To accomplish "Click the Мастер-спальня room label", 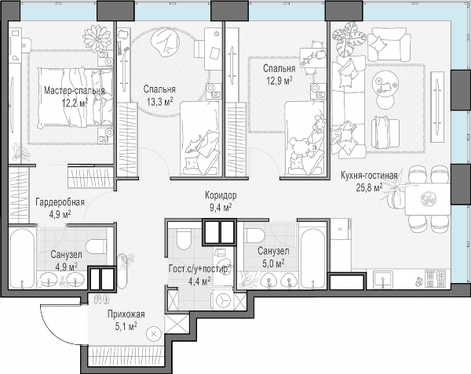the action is (x=75, y=91).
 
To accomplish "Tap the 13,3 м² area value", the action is (x=160, y=102).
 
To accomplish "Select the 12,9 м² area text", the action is (x=279, y=81).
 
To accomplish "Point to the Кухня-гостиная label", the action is (x=369, y=176).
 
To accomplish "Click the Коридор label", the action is (x=221, y=195).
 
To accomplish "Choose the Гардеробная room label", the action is (x=60, y=202).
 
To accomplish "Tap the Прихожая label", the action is (x=126, y=314).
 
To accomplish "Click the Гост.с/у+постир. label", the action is (x=199, y=269).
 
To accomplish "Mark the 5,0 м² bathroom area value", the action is (x=273, y=263).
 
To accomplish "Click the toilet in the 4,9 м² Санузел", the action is (x=97, y=247).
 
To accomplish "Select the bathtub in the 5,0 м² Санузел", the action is (x=313, y=258).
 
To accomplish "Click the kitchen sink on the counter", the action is (x=383, y=279).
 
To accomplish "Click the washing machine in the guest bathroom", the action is (x=223, y=300).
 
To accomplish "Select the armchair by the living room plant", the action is (x=389, y=45).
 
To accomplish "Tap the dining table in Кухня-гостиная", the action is (x=427, y=199).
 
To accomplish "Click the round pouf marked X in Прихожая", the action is (x=154, y=333).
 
